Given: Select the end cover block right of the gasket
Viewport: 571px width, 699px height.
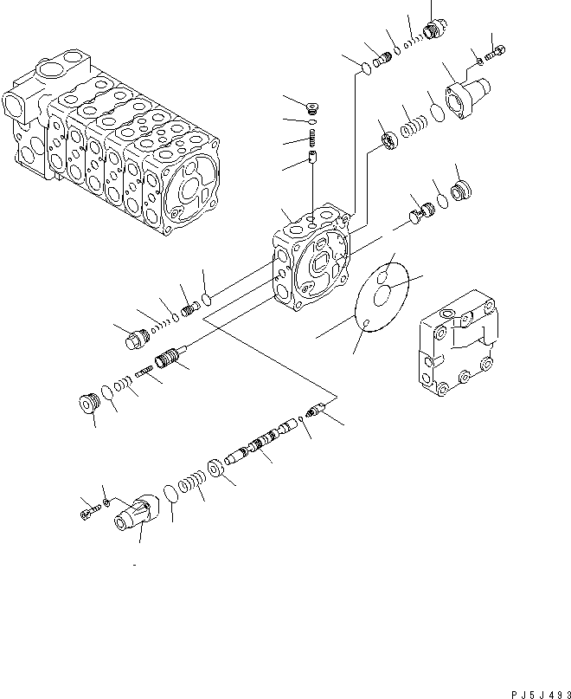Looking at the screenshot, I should click(x=459, y=347).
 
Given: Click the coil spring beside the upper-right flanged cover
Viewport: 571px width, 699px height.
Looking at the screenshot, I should click(x=414, y=116).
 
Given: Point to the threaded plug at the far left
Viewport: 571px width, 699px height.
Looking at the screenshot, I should click(x=134, y=340).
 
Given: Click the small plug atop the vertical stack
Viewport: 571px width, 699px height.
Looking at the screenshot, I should click(x=311, y=108).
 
